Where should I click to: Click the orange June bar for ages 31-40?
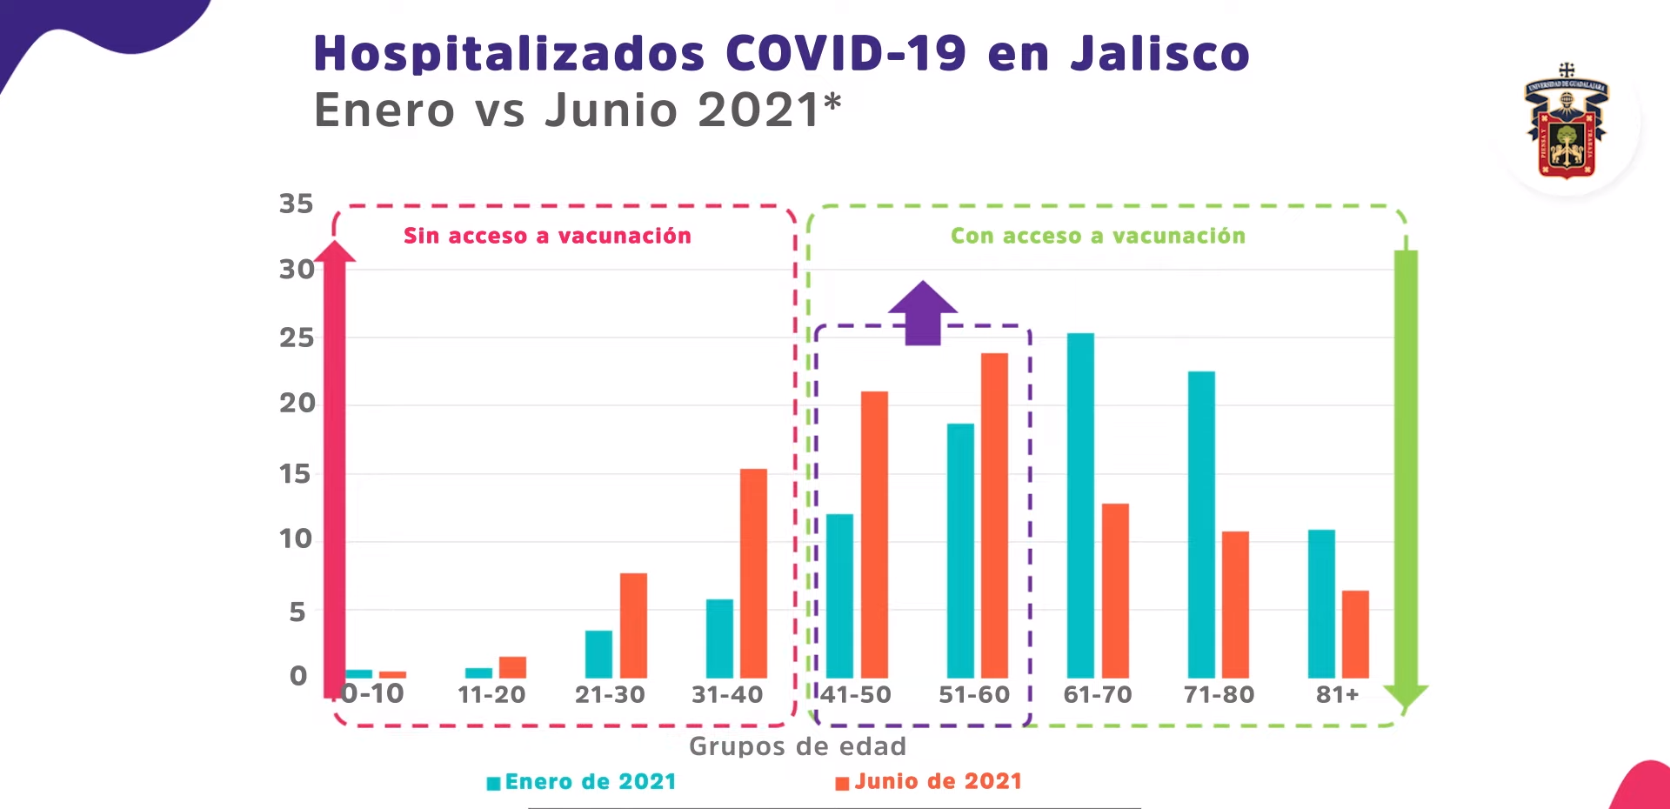point(753,574)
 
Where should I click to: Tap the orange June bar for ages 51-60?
point(994,516)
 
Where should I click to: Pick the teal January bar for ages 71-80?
point(1201,525)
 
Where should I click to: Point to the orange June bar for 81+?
point(1355,634)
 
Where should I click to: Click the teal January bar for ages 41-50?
point(839,597)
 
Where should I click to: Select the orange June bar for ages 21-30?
point(633,626)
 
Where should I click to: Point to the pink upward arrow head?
point(335,252)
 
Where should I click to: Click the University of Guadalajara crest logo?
point(1566,122)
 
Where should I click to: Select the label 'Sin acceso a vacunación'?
point(547,236)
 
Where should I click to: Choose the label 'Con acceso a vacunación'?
point(1098,236)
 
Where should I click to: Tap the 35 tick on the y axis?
point(296,204)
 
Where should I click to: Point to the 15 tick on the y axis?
point(295,474)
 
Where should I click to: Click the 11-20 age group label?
point(491,694)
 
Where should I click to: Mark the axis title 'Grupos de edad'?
point(797,746)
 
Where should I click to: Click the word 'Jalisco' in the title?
point(1159,54)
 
